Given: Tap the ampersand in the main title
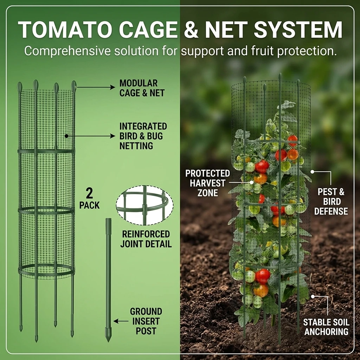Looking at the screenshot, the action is tap(191, 30).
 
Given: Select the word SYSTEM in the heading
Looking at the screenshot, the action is tap(298, 30).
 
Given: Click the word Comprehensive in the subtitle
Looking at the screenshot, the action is tap(67, 51).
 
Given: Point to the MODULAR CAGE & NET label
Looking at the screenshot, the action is tap(142, 88).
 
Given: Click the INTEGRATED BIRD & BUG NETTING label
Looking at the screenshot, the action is tap(143, 136).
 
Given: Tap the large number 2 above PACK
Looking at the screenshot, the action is tap(89, 193).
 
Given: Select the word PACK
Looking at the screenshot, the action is tap(89, 205).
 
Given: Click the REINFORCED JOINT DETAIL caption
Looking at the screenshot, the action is tap(146, 239).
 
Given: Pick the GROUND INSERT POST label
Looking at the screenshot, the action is tap(146, 321).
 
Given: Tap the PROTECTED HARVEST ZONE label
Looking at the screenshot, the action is tap(207, 183).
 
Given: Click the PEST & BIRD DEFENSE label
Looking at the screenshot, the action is tap(331, 201).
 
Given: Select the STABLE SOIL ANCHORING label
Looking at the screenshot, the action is tap(326, 327).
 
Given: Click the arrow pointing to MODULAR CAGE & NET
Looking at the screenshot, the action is tap(96, 87).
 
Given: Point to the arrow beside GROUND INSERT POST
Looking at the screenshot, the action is tap(121, 321).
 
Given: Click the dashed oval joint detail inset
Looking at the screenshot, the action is tap(144, 205).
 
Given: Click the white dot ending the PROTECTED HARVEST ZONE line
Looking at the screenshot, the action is tap(252, 182).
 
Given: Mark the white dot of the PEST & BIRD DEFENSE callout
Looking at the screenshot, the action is tap(312, 172).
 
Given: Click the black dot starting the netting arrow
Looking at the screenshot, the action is tap(66, 136).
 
